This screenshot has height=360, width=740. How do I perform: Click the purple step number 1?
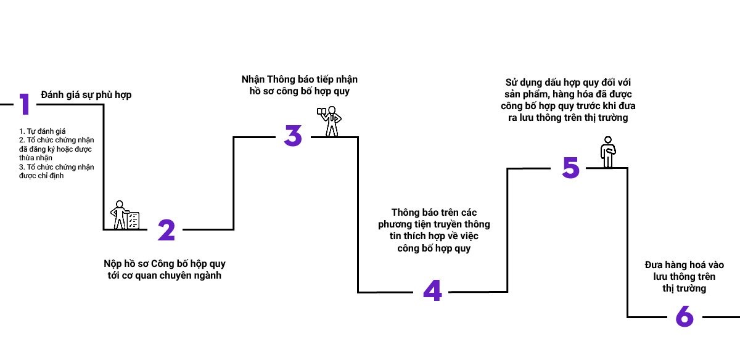click(24, 104)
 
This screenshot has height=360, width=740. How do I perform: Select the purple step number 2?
click(166, 230)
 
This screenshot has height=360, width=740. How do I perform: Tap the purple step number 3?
click(293, 136)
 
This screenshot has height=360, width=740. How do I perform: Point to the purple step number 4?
click(432, 292)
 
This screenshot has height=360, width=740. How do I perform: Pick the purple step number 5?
click(570, 168)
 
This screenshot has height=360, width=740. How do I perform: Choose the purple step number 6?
click(684, 317)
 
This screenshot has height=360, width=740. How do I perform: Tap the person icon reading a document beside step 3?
click(329, 121)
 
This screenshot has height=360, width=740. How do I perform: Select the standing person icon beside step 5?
click(608, 152)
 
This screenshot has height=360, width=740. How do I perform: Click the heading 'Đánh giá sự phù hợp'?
click(86, 95)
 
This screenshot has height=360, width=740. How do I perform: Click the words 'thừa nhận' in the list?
click(36, 158)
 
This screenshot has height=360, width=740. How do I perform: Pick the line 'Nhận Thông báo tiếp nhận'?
click(299, 80)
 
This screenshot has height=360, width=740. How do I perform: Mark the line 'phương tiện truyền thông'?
click(434, 224)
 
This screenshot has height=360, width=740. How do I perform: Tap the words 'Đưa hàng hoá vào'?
click(684, 264)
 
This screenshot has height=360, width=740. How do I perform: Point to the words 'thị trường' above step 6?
click(684, 288)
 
